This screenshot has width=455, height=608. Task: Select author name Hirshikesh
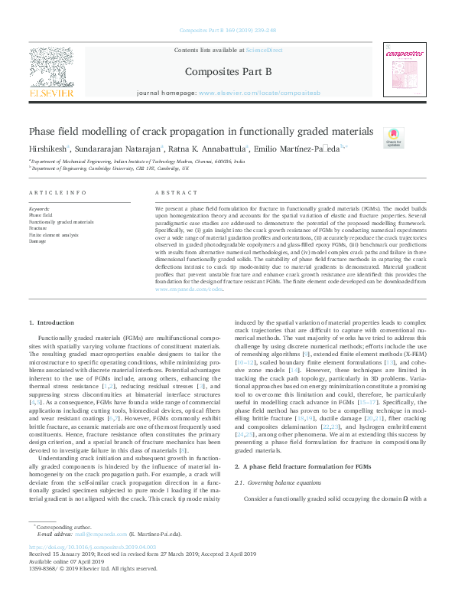click(47, 149)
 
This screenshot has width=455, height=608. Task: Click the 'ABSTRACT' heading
click(171, 193)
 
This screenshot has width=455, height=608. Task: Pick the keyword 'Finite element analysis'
click(54, 234)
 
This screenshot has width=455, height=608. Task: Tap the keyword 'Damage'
click(37, 240)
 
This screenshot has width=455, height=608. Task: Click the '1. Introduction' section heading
click(51, 325)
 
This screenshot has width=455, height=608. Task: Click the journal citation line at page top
click(226, 31)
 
